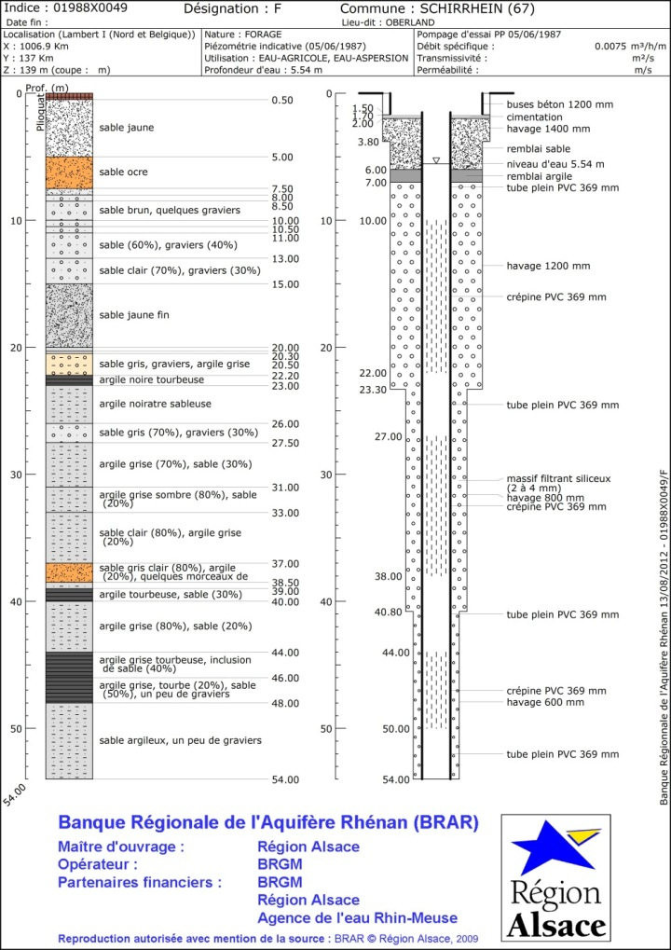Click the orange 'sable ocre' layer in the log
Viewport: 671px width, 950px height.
69,172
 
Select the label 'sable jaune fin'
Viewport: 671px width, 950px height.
134,315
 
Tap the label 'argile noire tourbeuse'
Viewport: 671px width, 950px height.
151,379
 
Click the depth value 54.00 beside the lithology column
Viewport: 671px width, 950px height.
285,779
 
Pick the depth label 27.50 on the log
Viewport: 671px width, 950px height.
285,443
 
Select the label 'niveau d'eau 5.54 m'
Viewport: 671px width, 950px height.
555,164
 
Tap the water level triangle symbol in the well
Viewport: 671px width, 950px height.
435,160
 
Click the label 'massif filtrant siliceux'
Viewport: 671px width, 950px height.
558,478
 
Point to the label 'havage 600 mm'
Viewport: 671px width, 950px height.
545,701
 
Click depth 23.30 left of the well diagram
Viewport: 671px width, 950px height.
373,390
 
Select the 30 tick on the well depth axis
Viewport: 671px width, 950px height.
326,475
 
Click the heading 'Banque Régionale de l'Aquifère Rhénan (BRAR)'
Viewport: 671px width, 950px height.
268,823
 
